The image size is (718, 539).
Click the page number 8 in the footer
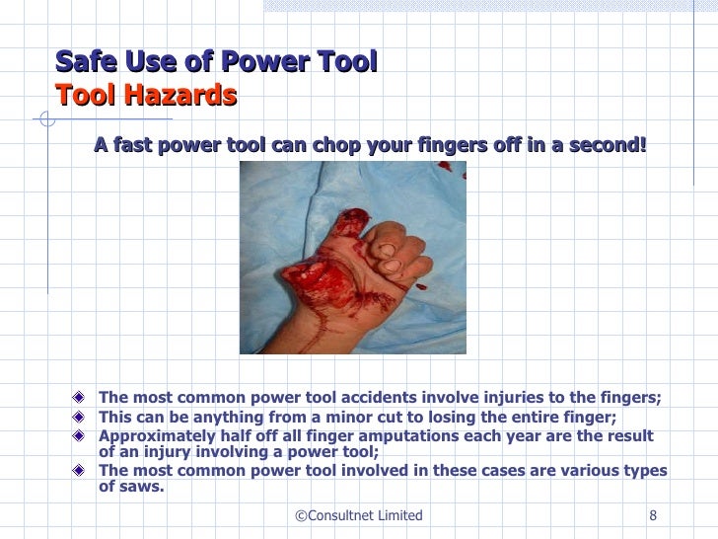coord(653,515)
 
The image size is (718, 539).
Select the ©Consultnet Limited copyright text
coord(359,515)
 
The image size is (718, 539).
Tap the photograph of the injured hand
coord(352,257)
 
